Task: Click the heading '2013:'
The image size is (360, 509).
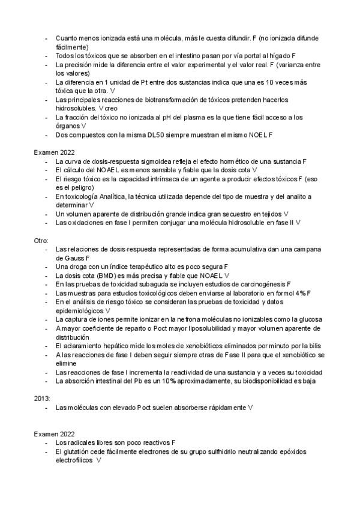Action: (x=41, y=398)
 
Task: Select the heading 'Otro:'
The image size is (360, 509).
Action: (x=41, y=239)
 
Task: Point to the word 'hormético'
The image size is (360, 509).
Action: (x=240, y=161)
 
